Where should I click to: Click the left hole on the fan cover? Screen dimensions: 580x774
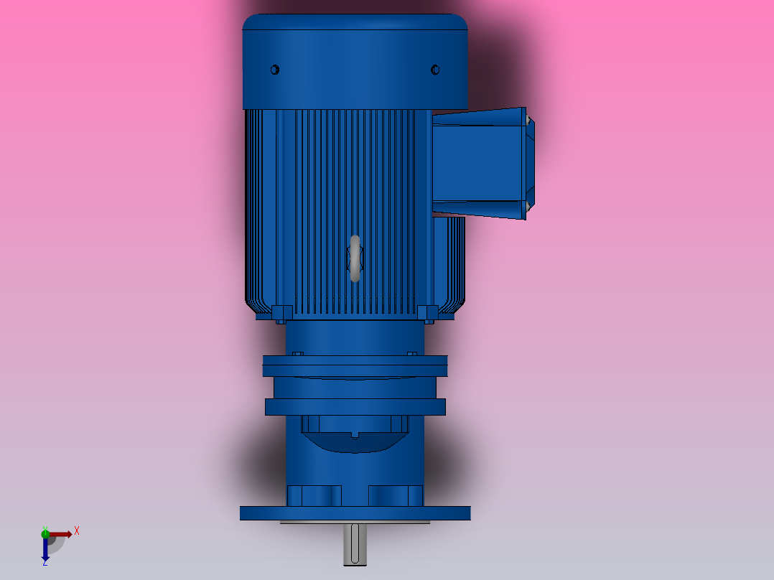(x=274, y=70)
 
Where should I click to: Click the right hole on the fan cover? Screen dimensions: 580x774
(x=434, y=70)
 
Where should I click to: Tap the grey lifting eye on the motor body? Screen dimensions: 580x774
(x=355, y=258)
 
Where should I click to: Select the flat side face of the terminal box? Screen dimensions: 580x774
(x=477, y=163)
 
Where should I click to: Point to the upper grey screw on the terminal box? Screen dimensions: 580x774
(x=528, y=120)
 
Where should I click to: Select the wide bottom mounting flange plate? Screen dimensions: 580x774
(x=355, y=513)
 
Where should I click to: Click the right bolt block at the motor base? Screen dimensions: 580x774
(x=427, y=313)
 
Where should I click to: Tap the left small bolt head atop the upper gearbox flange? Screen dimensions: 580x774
(x=298, y=353)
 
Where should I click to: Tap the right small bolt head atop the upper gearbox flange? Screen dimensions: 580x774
(x=412, y=353)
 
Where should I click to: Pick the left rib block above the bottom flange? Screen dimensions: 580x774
(x=314, y=495)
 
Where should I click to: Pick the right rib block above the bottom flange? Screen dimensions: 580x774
(x=396, y=495)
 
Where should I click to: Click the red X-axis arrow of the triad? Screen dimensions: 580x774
(x=62, y=534)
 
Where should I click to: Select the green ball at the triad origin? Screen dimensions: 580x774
(x=45, y=533)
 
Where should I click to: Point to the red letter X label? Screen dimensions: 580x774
(x=77, y=531)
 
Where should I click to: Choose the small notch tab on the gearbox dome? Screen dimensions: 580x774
(x=355, y=434)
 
